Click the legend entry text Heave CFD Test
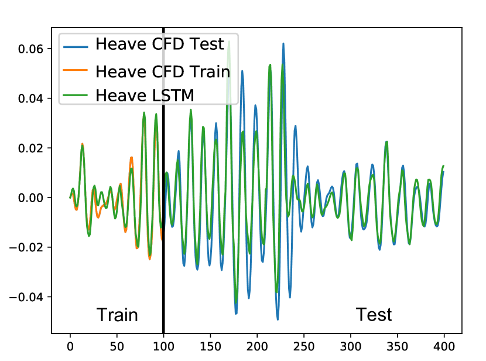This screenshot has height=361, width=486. pos(159,44)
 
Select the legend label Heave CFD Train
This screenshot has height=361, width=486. pos(163,71)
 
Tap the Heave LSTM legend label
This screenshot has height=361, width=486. pos(145,95)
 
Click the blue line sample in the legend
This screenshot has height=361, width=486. pos(76,47)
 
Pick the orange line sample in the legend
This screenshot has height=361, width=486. pos(76,70)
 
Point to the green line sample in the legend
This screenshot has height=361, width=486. pos(76,94)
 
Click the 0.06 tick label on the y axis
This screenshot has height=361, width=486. pos(30,49)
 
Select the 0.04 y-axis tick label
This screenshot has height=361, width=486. pos(30,98)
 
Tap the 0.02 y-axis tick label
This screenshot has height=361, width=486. pos(30,148)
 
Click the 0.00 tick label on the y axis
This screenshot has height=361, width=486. pos(30,198)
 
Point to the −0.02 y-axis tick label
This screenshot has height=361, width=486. pos(26,247)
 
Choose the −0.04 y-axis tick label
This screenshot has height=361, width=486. pos(26,297)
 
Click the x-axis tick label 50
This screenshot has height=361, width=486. pos(117,346)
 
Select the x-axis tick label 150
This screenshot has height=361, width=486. pos(210,346)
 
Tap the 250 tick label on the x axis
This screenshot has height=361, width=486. pos(304,346)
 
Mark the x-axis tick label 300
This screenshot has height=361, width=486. pos(351,346)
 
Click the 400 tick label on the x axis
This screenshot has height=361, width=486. pos(444,346)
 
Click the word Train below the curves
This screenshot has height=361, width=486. pos(117,315)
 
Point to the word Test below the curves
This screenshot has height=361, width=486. pos(374,315)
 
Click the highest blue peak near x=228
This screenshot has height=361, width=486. pos(283,44)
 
